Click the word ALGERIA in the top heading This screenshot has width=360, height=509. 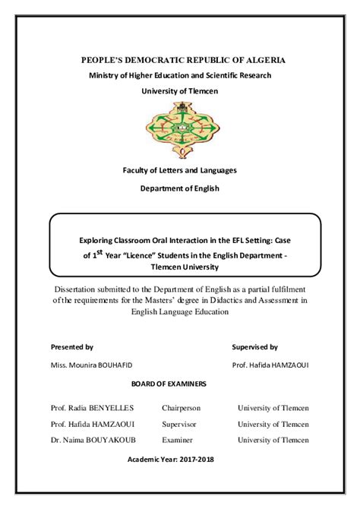265,59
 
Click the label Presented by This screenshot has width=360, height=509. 71,346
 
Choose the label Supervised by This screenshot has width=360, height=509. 254,346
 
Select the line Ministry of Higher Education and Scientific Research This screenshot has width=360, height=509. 180,75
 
